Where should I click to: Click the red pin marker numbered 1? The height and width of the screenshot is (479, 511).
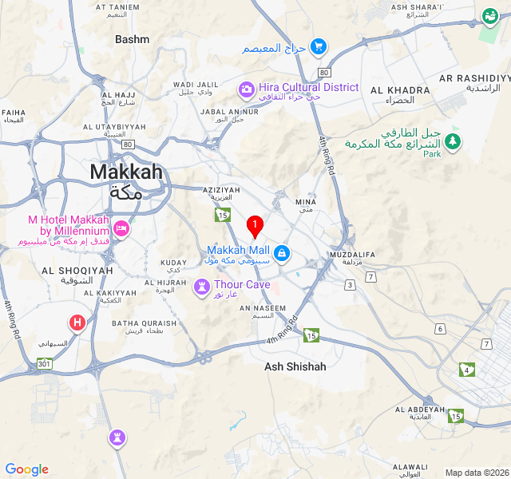pos(255,226)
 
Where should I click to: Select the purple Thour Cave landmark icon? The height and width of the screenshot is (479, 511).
pos(204,285)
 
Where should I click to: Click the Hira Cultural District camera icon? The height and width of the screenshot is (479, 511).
pos(248,87)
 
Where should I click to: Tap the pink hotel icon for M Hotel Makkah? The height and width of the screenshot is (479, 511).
pos(121,228)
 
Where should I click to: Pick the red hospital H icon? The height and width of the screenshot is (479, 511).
pos(77,323)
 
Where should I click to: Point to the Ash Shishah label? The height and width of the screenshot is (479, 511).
pos(295,366)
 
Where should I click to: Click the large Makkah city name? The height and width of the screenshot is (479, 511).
pos(126,172)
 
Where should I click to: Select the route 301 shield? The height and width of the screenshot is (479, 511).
pos(43,365)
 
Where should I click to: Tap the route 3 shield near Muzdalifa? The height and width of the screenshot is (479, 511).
pos(350,285)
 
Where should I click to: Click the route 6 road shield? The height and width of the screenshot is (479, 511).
pos(440,329)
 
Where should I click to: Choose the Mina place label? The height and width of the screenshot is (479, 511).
pos(307,202)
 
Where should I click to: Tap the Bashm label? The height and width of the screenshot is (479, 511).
pos(132,39)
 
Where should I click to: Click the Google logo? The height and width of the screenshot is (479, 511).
pos(27,469)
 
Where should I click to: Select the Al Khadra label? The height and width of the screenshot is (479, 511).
pos(395,89)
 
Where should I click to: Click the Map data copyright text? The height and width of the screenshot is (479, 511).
pos(476,473)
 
